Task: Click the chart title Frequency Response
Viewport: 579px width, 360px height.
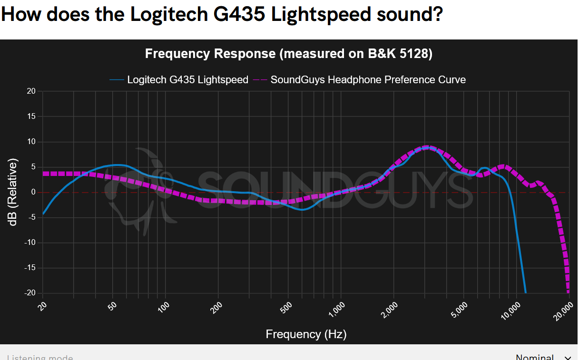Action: (x=288, y=54)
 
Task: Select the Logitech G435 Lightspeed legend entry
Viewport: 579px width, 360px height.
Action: (x=187, y=80)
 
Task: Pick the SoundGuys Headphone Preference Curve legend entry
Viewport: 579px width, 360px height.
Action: (x=368, y=80)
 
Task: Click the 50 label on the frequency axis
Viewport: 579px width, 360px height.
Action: (x=112, y=307)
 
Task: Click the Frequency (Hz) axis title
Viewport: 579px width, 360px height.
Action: (x=306, y=334)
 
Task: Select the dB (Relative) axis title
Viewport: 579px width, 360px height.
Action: (x=13, y=192)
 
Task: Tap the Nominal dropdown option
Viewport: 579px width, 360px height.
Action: (x=535, y=357)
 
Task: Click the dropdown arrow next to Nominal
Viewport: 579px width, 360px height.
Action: (x=568, y=358)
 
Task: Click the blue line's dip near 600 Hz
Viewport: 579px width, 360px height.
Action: (x=302, y=210)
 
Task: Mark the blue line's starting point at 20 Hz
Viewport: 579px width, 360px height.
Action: (x=43, y=214)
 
